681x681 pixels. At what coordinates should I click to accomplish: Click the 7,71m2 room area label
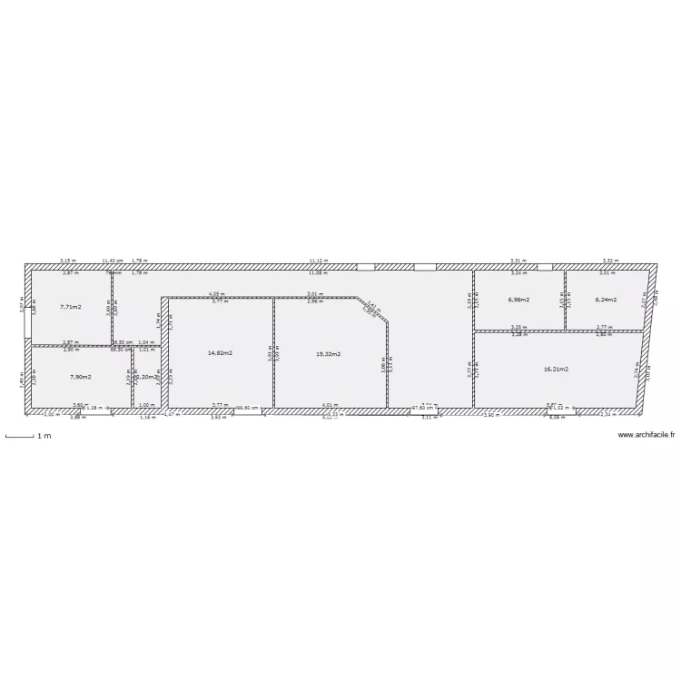[71, 308]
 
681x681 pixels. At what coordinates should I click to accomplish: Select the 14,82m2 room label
[221, 353]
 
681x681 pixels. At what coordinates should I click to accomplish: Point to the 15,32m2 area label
[328, 353]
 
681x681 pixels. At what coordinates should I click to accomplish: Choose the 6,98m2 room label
[518, 300]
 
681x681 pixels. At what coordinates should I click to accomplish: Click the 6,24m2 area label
[606, 300]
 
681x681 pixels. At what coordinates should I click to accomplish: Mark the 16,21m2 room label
[557, 370]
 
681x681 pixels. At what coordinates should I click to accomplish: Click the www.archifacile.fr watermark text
[646, 435]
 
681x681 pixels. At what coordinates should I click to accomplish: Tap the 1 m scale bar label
[44, 436]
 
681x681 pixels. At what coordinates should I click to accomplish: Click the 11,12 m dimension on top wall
[318, 260]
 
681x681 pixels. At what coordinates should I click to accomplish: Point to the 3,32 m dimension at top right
[610, 260]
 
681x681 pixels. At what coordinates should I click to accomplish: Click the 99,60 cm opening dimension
[248, 408]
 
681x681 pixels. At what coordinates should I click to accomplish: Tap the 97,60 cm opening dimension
[423, 408]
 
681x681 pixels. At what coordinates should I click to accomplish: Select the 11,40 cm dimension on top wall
[114, 260]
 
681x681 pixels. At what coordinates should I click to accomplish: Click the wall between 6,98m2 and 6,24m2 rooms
[565, 300]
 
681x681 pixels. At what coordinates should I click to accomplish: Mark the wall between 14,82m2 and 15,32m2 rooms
[273, 353]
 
